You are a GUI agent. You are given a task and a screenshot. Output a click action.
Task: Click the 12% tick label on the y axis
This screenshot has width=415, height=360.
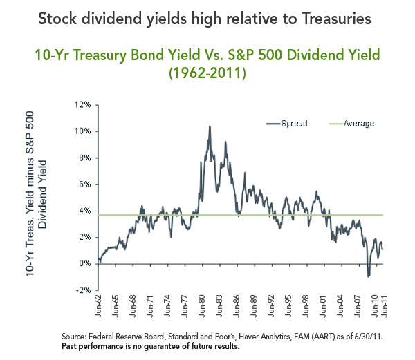84,105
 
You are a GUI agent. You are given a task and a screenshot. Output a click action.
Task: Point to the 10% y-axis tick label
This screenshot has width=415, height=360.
84,131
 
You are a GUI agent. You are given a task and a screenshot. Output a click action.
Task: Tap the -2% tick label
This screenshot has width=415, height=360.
84,290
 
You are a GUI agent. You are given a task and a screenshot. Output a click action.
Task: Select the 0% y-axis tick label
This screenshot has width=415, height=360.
86,264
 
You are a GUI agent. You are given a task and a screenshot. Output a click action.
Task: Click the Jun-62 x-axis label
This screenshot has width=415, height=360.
99,308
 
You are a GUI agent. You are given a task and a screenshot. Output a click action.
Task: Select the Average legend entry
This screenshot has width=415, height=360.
359,124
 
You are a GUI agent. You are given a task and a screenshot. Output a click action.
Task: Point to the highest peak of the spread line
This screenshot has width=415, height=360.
209,127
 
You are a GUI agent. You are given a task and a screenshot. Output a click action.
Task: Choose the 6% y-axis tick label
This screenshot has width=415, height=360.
86,184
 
